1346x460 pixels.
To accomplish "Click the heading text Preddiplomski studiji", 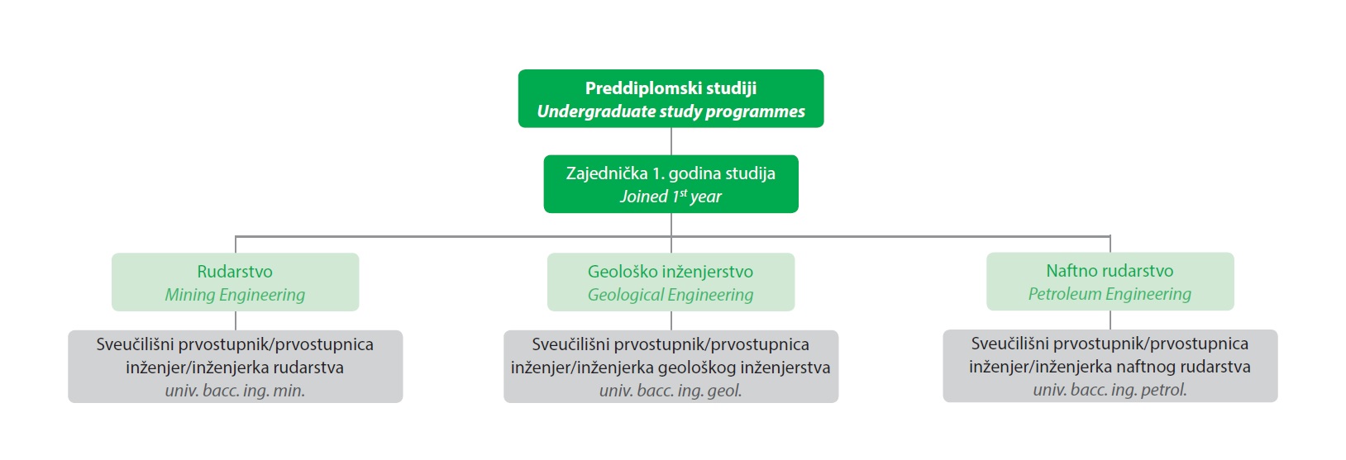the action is pyautogui.click(x=671, y=88).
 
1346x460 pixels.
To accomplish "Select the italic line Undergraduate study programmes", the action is pyautogui.click(x=671, y=111).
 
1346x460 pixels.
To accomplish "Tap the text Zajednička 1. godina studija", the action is pyautogui.click(x=671, y=173).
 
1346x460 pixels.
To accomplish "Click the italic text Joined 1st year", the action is pyautogui.click(x=671, y=197).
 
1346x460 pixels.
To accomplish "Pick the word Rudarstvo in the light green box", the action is pyautogui.click(x=235, y=272).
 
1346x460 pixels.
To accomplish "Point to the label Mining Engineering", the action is pyautogui.click(x=235, y=295).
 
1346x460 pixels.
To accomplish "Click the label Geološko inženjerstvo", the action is pyautogui.click(x=671, y=272).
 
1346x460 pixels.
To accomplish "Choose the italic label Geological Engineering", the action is pyautogui.click(x=671, y=295).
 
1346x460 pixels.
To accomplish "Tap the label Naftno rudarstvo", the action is pyautogui.click(x=1110, y=271).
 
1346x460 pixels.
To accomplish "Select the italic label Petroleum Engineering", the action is pyautogui.click(x=1110, y=294).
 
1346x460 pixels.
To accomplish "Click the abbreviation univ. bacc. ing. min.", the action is pyautogui.click(x=235, y=391).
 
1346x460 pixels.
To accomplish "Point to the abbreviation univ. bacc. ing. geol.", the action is pyautogui.click(x=671, y=391).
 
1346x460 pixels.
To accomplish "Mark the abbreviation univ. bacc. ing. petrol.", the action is pyautogui.click(x=1110, y=391).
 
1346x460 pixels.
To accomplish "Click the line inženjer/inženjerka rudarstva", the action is pyautogui.click(x=235, y=368).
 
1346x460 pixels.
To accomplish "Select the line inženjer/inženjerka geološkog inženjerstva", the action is pyautogui.click(x=671, y=368).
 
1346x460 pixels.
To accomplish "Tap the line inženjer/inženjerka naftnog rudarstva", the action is pyautogui.click(x=1110, y=367).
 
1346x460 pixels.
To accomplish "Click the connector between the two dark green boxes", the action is pyautogui.click(x=671, y=141).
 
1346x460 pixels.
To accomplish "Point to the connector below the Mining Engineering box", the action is pyautogui.click(x=236, y=320).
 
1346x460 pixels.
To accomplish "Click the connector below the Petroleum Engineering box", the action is pyautogui.click(x=1110, y=320).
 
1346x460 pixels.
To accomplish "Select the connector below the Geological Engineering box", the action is pyautogui.click(x=671, y=320).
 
